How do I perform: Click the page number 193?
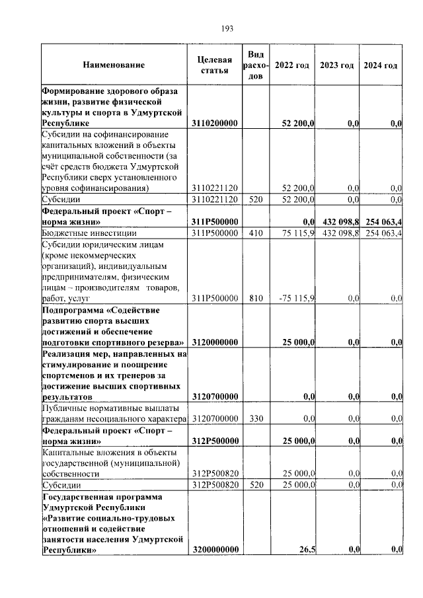pos(226,28)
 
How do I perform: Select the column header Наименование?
pos(113,65)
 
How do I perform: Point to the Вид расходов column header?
pos(256,65)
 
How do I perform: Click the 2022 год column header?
pos(291,65)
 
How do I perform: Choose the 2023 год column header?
pos(336,65)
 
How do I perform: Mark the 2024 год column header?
pos(381,65)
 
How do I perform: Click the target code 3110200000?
pos(215,124)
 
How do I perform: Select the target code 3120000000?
pos(215,342)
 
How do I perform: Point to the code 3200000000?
pos(215,550)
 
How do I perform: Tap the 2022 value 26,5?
pos(306,550)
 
